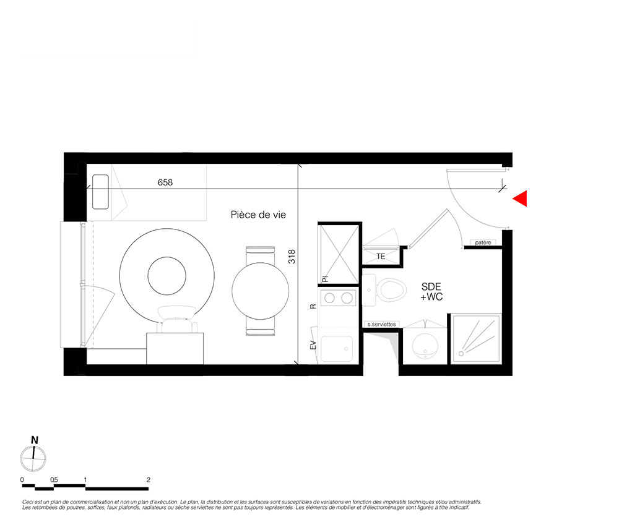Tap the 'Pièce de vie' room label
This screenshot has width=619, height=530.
pos(258,215)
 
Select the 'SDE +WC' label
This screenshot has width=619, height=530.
pos(431,292)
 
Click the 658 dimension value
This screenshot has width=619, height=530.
pos(165,182)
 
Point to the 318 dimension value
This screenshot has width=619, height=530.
pos(292,257)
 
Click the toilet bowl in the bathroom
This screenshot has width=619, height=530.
pos(391,290)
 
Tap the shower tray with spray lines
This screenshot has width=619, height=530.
pos(477,339)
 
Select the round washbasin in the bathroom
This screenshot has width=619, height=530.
pos(425,346)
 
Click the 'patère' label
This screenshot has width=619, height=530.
pos(483,242)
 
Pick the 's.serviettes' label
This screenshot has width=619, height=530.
pos(381,324)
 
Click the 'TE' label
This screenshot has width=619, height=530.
pos(381,257)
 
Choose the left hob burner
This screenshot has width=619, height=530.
pos(330,297)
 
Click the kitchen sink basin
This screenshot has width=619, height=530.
pos(337,349)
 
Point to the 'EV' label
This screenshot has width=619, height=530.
pos(313,345)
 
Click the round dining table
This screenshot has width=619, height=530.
pos(260,291)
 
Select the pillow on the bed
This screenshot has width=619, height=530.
pos(100,192)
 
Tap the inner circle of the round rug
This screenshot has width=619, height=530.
pos(167,276)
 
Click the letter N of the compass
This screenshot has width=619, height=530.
pos(35,440)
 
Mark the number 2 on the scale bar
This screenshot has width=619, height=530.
pos(149,480)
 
